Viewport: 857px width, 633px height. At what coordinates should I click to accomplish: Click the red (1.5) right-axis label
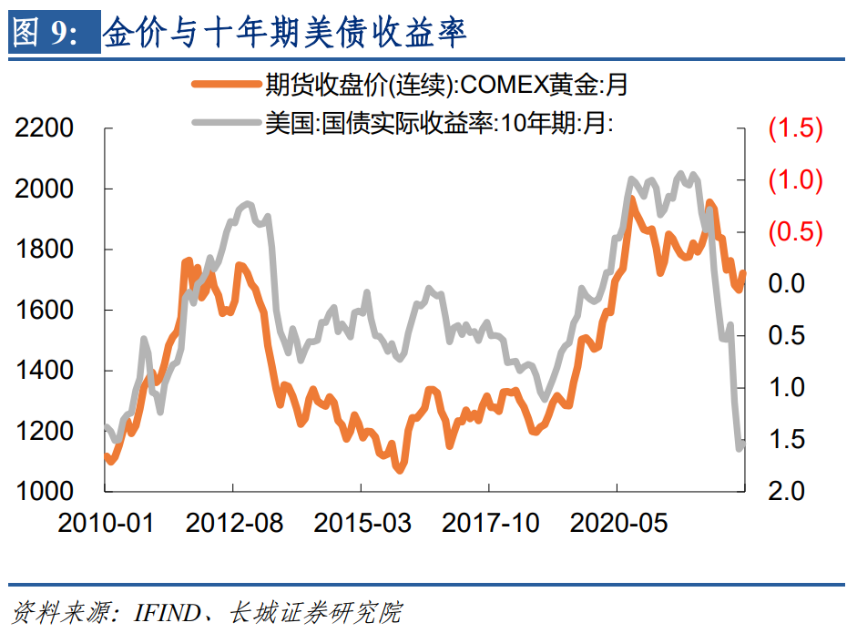pos(795,128)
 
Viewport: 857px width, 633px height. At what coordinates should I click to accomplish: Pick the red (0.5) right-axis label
pos(795,232)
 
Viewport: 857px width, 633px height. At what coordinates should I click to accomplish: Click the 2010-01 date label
pos(106,523)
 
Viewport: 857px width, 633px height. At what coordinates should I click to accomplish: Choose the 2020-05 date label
pos(618,523)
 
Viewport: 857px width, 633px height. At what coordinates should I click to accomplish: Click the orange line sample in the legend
pos(225,86)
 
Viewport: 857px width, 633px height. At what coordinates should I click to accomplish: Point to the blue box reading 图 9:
pos(54,35)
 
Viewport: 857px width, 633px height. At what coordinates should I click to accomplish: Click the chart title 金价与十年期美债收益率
pos(285,35)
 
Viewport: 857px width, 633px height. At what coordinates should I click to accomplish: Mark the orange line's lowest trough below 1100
pos(399,470)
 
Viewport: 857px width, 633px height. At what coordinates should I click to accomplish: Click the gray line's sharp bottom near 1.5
pos(740,447)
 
